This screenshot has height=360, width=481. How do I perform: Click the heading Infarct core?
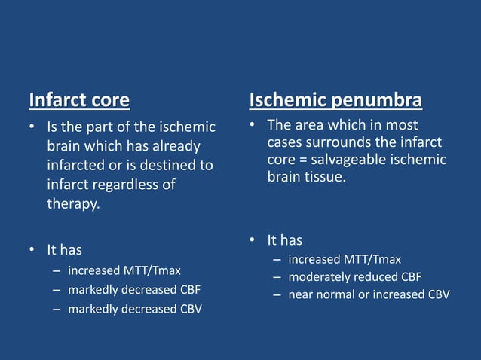pyautogui.click(x=79, y=100)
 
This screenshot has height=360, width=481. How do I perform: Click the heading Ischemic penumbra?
pyautogui.click(x=335, y=100)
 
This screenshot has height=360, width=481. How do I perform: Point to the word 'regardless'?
pyautogui.click(x=127, y=185)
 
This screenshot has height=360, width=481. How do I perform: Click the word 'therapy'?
pyautogui.click(x=72, y=204)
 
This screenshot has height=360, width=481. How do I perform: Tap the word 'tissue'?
pyautogui.click(x=323, y=178)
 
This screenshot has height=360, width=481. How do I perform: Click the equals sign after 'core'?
pyautogui.click(x=303, y=160)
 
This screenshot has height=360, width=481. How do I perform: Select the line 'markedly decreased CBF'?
pyautogui.click(x=134, y=289)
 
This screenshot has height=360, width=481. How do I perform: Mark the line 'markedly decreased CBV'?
pyautogui.click(x=134, y=309)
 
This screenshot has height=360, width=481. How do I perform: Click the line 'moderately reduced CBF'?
pyautogui.click(x=354, y=276)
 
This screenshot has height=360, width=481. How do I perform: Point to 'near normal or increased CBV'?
pyautogui.click(x=368, y=294)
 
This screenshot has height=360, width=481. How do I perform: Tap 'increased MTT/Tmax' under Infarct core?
pyautogui.click(x=124, y=270)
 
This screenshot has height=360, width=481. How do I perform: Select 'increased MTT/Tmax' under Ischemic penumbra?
pyautogui.click(x=344, y=258)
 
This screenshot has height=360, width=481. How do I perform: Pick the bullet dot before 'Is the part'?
pyautogui.click(x=32, y=127)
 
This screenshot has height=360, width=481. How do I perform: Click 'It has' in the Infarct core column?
pyautogui.click(x=64, y=249)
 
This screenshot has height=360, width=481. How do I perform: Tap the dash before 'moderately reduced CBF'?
pyautogui.click(x=277, y=276)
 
